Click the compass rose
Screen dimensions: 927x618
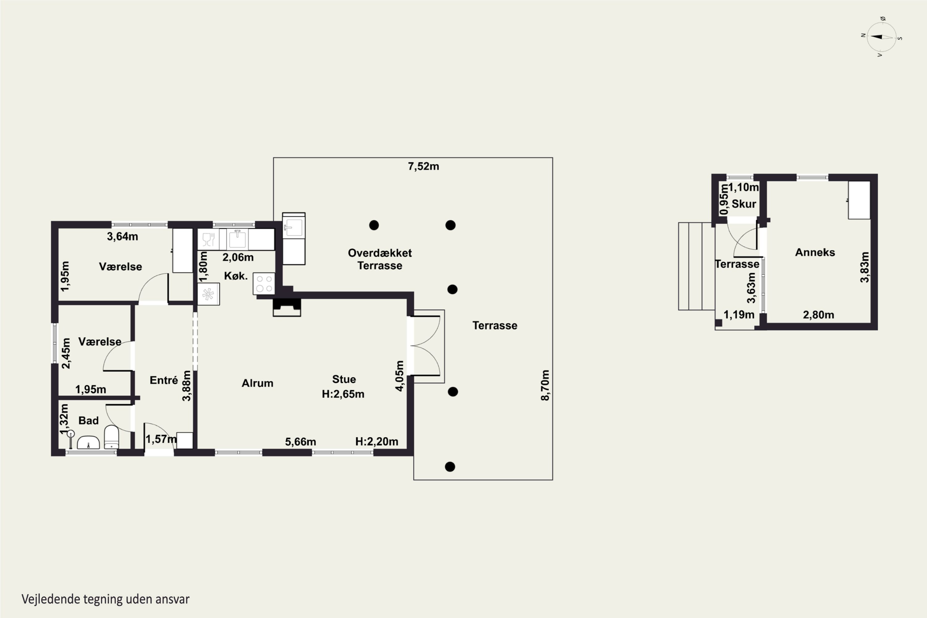point(882,37)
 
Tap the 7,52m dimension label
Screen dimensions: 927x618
point(423,166)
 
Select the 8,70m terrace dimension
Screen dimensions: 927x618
point(545,385)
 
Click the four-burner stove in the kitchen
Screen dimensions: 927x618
point(264,284)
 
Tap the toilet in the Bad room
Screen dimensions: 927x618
point(112,437)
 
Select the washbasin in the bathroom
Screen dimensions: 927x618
point(88,442)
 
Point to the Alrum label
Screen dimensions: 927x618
point(257,383)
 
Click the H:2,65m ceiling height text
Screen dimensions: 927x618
point(343,394)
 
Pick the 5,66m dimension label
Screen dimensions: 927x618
point(300,442)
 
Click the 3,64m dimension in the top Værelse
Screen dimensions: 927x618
point(123,236)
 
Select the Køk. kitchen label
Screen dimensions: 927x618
point(236,276)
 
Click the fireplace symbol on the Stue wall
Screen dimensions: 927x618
point(287,307)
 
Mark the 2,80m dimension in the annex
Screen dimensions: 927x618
point(819,315)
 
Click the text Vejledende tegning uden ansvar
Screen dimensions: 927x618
point(106,599)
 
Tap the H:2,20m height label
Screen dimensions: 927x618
point(376,442)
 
